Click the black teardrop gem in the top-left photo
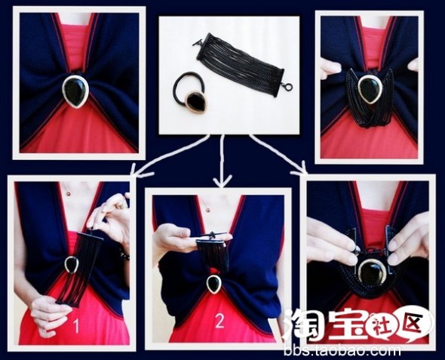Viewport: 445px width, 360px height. point(75,92)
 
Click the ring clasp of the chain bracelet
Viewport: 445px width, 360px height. point(288,87)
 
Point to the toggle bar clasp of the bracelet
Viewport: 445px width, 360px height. point(198,42)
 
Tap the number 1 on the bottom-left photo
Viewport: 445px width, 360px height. point(75,325)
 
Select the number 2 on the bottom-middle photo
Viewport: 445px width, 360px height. point(219,321)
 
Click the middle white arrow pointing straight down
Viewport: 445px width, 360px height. point(222,161)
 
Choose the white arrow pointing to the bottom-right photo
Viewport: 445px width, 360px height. point(278,154)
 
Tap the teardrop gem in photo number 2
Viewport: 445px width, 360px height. point(213,284)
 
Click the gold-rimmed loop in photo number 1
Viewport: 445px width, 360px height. point(71,266)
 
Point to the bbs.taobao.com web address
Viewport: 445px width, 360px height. point(342,351)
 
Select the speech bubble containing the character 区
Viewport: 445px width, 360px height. point(413,324)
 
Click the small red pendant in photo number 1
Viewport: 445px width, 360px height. point(68,194)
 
